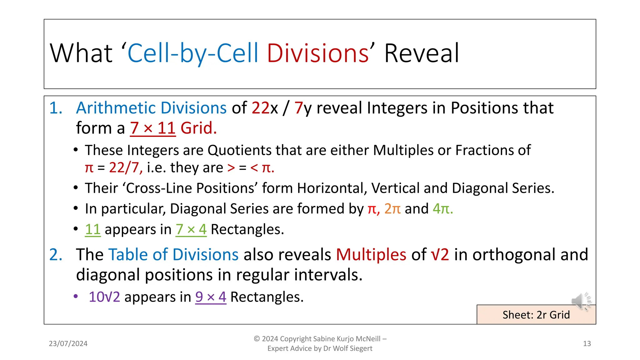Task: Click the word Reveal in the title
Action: [x=421, y=53]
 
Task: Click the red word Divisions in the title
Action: [x=317, y=53]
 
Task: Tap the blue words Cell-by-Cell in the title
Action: [x=193, y=53]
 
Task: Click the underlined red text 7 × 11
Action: [x=153, y=128]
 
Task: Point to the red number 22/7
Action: [x=125, y=168]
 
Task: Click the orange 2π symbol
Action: [x=392, y=209]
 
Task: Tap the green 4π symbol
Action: [x=442, y=209]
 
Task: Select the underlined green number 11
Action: [x=92, y=230]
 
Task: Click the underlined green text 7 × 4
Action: [x=191, y=230]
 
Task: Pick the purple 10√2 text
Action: [x=104, y=297]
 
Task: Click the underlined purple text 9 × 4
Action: [x=211, y=297]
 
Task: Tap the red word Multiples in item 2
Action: [x=371, y=255]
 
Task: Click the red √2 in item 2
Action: [x=440, y=255]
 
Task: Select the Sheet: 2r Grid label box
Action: [x=536, y=315]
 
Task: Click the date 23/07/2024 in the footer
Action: [x=68, y=344]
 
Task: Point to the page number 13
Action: [x=587, y=344]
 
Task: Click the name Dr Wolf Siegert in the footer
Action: [x=348, y=348]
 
